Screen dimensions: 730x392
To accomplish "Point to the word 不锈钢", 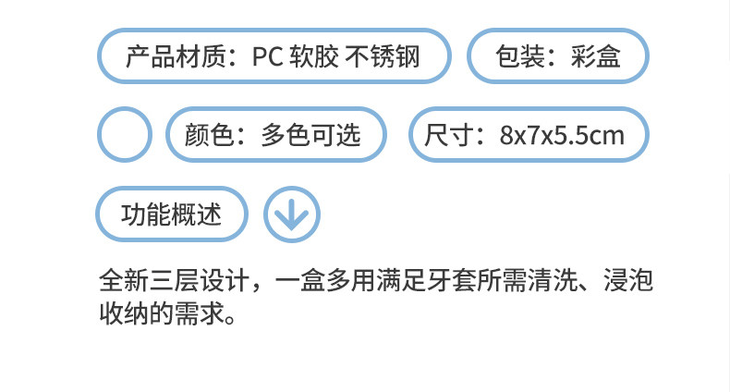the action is pyautogui.click(x=383, y=56).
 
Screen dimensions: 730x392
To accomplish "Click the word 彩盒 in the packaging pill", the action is pyautogui.click(x=596, y=56).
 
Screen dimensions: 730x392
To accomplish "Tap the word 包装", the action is pyautogui.click(x=521, y=56).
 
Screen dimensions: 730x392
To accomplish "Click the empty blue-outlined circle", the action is pyautogui.click(x=125, y=135).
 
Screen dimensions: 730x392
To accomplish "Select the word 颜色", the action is pyautogui.click(x=211, y=135).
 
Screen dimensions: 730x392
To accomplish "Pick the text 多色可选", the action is pyautogui.click(x=310, y=135).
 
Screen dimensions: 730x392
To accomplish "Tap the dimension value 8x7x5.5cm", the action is pyautogui.click(x=562, y=136).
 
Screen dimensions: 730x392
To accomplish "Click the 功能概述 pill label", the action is pyautogui.click(x=173, y=214).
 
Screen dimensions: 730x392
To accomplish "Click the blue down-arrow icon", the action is pyautogui.click(x=292, y=214).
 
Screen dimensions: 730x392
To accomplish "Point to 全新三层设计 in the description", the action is pyautogui.click(x=173, y=279).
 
